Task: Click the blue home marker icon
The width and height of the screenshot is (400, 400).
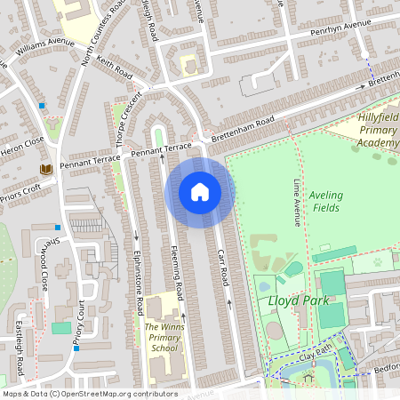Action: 200,192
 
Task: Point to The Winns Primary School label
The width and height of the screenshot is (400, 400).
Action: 165,338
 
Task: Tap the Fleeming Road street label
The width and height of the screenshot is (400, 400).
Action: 176,276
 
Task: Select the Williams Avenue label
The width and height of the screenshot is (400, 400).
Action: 45,42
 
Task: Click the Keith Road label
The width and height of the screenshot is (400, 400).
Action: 115,67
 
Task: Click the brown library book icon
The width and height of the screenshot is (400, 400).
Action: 44,169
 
